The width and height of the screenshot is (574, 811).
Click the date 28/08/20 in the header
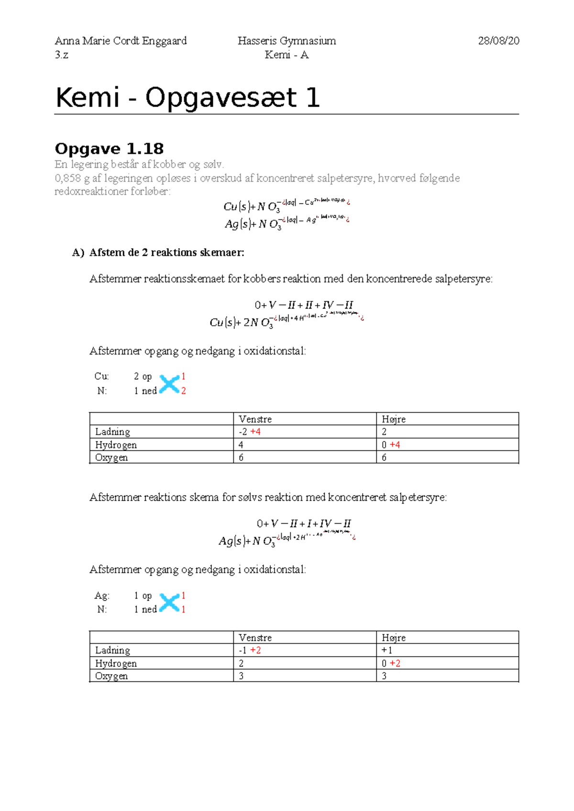click(498, 41)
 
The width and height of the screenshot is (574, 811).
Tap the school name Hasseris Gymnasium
click(287, 41)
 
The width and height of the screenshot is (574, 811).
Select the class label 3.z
click(61, 55)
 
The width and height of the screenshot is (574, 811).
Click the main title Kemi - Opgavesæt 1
click(188, 98)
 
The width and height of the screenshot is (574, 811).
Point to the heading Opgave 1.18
click(109, 149)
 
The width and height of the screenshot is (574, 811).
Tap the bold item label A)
click(78, 252)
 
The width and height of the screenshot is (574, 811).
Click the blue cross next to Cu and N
click(169, 384)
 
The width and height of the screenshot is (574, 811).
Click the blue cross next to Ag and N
click(169, 603)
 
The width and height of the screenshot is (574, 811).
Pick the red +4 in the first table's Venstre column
click(255, 432)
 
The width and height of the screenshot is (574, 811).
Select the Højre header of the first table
click(393, 419)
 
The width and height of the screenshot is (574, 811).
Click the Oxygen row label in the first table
click(111, 458)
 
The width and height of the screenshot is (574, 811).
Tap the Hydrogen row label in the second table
click(116, 663)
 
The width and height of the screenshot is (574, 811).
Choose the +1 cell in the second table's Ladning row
click(386, 650)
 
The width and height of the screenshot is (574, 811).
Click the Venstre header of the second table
click(255, 638)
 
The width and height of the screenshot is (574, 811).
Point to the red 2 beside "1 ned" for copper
click(183, 391)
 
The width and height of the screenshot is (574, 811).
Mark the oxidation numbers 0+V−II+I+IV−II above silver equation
click(304, 524)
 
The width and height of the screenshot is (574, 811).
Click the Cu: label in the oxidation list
click(101, 376)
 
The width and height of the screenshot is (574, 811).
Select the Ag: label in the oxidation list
click(102, 596)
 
